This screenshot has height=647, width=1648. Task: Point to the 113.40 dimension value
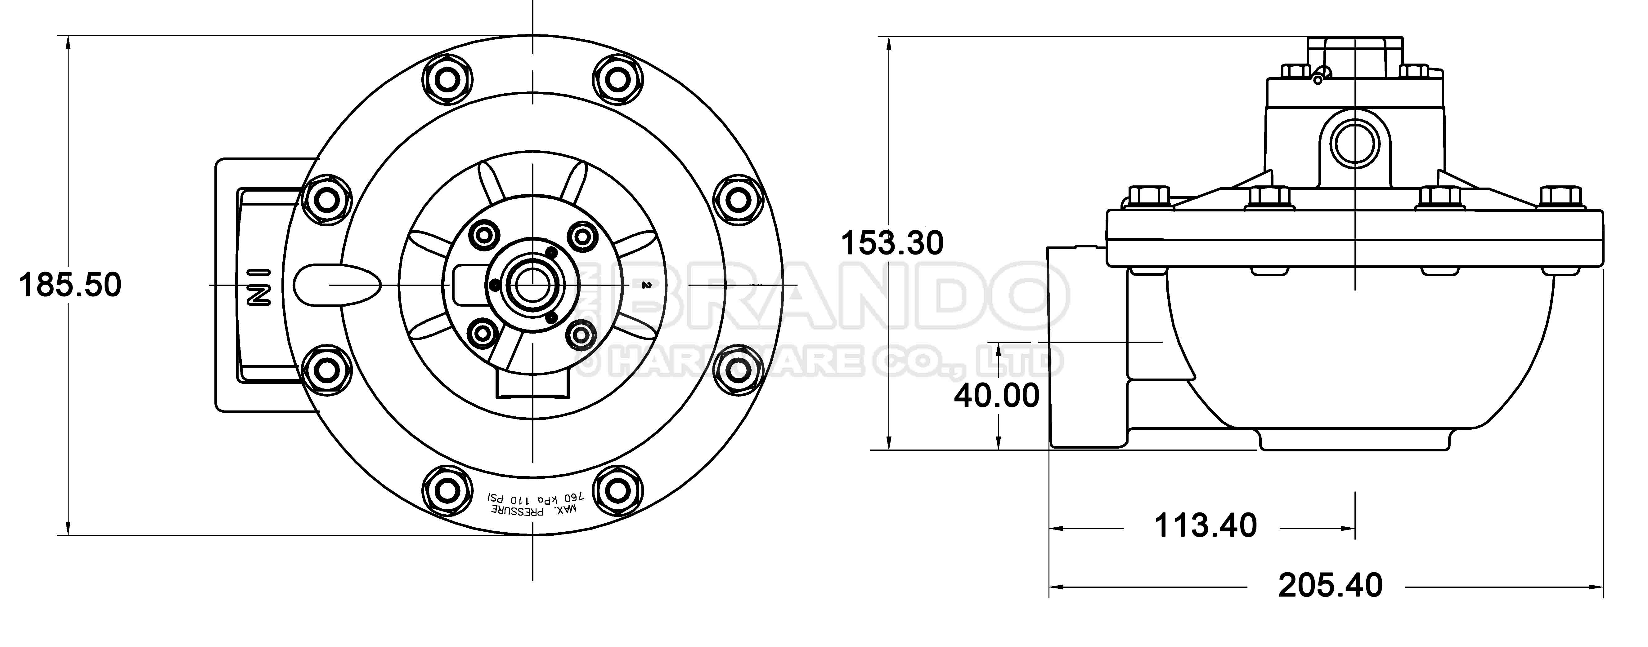[1205, 525]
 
